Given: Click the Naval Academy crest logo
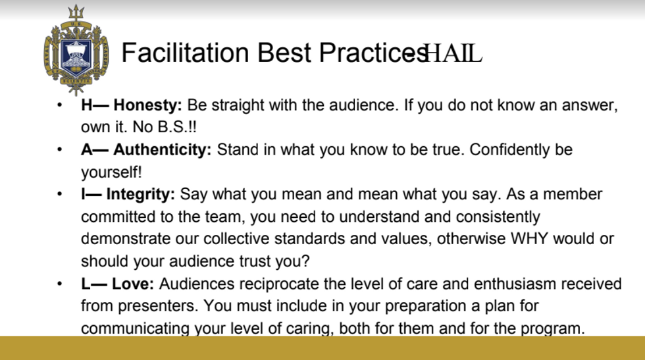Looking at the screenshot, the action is tap(76, 51).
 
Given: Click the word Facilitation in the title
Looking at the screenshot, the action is tap(185, 53).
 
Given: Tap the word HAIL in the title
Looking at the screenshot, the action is tap(453, 53).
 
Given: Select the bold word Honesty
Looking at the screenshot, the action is tap(147, 105).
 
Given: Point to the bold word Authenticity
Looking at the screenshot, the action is tap(162, 149).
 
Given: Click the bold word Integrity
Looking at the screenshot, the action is tap(141, 194).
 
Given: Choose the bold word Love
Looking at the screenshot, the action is tap(133, 284).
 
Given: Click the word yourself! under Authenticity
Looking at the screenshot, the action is tap(111, 172).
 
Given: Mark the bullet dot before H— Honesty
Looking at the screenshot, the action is tap(60, 105).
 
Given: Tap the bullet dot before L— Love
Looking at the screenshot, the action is tap(60, 284).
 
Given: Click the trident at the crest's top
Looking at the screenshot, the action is tap(76, 13).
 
